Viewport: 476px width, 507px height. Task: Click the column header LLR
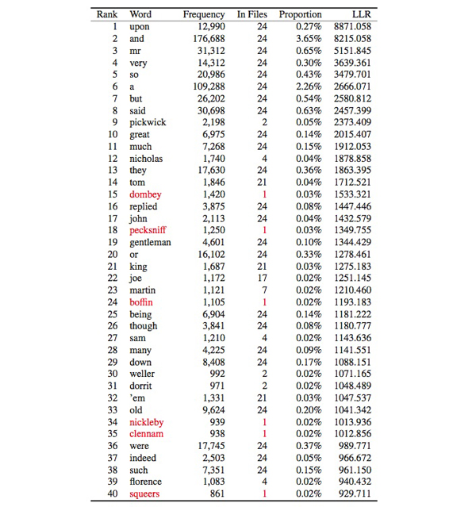(362, 14)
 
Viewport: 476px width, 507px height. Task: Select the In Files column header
(252, 14)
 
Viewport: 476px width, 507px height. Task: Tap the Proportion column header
(301, 14)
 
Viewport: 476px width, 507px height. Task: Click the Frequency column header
(204, 14)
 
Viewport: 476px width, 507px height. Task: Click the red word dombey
(145, 194)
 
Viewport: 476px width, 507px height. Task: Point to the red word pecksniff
(148, 230)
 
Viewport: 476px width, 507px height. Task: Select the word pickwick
(148, 123)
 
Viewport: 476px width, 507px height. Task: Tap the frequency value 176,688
(207, 39)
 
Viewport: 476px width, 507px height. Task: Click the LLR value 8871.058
(351, 27)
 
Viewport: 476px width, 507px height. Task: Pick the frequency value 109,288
(207, 86)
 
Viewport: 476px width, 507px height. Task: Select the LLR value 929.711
(354, 494)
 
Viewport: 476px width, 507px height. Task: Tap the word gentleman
(150, 242)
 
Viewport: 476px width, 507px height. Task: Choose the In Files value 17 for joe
(262, 278)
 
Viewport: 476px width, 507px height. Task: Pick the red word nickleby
(147, 422)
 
